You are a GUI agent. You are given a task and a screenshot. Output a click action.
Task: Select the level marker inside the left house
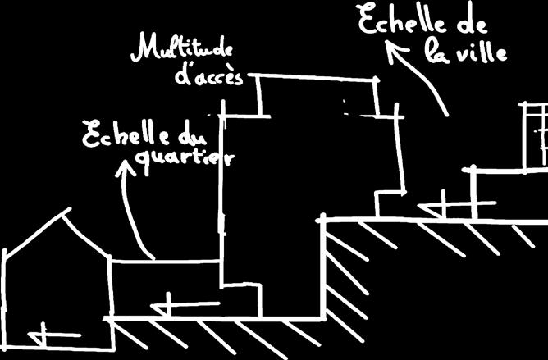coord(44,335)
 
